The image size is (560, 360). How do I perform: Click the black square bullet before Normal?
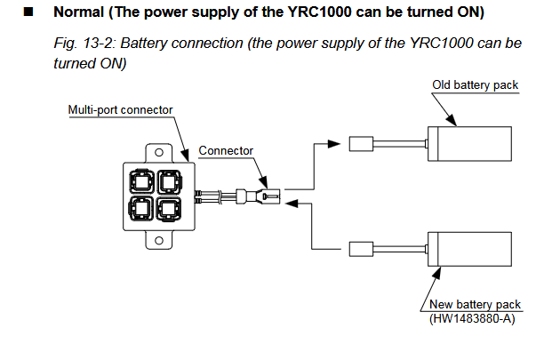pyautogui.click(x=28, y=12)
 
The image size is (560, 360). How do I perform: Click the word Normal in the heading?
pyautogui.click(x=78, y=12)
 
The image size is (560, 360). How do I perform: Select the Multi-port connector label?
pyautogui.click(x=120, y=109)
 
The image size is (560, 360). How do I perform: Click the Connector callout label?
pyautogui.click(x=226, y=150)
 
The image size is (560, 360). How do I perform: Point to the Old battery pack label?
pyautogui.click(x=475, y=85)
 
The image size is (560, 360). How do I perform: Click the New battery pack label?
pyautogui.click(x=475, y=304)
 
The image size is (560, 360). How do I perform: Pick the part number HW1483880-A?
pyautogui.click(x=472, y=318)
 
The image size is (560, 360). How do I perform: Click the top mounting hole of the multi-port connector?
pyautogui.click(x=159, y=153)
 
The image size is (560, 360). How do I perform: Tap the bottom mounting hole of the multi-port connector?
pyautogui.click(x=159, y=240)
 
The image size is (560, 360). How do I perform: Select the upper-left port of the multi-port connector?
pyautogui.click(x=142, y=182)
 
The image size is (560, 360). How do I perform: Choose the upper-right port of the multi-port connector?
pyautogui.click(x=169, y=182)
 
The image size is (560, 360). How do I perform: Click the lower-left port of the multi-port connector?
pyautogui.click(x=141, y=209)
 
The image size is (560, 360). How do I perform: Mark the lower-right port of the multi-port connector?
pyautogui.click(x=169, y=209)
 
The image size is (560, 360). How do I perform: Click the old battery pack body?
pyautogui.click(x=469, y=144)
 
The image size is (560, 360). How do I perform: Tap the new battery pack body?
pyautogui.click(x=469, y=249)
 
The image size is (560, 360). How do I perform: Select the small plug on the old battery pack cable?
pyautogui.click(x=361, y=144)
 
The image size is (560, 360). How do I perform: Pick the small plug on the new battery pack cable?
pyautogui.click(x=361, y=249)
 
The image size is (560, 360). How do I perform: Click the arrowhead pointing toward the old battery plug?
pyautogui.click(x=334, y=144)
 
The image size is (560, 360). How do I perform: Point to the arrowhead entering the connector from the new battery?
pyautogui.click(x=292, y=204)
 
